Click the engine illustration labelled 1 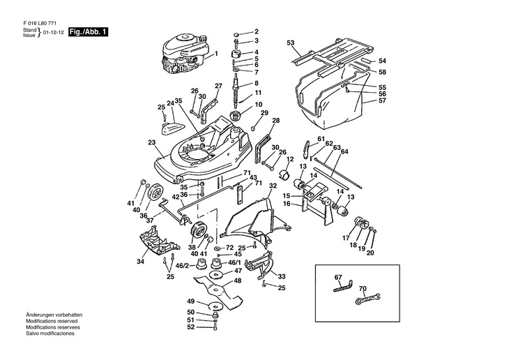pyautogui.click(x=183, y=54)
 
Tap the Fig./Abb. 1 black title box pyautogui.click(x=88, y=32)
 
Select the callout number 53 pyautogui.click(x=291, y=43)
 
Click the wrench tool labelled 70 pyautogui.click(x=367, y=299)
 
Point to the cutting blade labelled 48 pyautogui.click(x=218, y=289)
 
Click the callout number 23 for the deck pyautogui.click(x=151, y=142)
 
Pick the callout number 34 pyautogui.click(x=140, y=262)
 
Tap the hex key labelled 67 pyautogui.click(x=343, y=286)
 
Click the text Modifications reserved pyautogui.click(x=52, y=321)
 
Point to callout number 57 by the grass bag pyautogui.click(x=382, y=100)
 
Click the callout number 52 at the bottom pyautogui.click(x=190, y=327)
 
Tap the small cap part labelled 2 pyautogui.click(x=237, y=34)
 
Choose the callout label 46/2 pyautogui.click(x=182, y=266)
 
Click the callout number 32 pyautogui.click(x=273, y=186)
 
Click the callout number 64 pyautogui.click(x=344, y=151)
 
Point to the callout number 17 pyautogui.click(x=345, y=238)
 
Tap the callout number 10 pyautogui.click(x=259, y=105)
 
